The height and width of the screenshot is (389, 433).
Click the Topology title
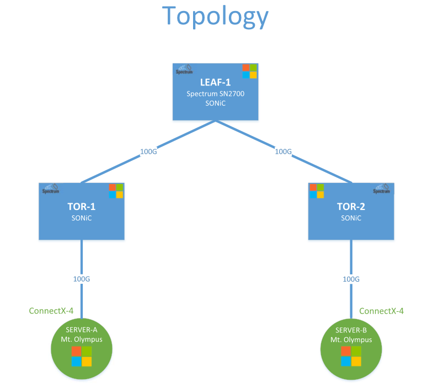[216, 17]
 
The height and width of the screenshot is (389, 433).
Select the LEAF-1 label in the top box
[215, 83]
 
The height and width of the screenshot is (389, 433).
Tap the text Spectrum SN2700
[215, 94]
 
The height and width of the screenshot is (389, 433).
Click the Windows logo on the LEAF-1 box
[249, 71]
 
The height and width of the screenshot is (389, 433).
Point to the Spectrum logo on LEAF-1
[184, 69]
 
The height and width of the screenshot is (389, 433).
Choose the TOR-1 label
[81, 207]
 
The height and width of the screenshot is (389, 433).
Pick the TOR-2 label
[351, 207]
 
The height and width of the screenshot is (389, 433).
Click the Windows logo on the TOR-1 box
[116, 191]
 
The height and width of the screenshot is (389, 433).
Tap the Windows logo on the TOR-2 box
[317, 191]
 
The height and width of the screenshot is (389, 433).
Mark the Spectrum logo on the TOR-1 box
[51, 189]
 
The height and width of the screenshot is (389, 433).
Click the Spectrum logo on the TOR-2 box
[381, 189]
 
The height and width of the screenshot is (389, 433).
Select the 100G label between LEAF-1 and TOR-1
[149, 152]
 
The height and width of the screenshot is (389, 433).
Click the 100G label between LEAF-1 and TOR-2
[283, 151]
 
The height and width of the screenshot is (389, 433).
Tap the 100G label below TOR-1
[82, 279]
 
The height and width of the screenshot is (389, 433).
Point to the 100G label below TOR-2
[351, 279]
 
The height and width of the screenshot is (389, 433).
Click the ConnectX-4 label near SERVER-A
[51, 311]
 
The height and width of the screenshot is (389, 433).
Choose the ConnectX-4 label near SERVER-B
[381, 311]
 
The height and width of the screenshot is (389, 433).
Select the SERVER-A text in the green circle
[81, 330]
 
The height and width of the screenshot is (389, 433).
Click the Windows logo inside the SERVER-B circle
[351, 356]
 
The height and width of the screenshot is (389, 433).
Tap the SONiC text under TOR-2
[351, 218]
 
